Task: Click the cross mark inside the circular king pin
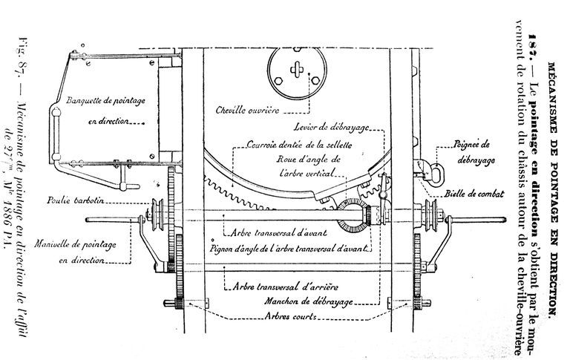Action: click(x=298, y=71)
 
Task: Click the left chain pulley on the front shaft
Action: click(x=157, y=215)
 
